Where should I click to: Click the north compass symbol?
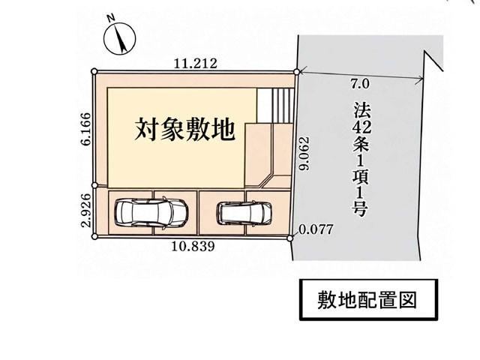click(119, 39)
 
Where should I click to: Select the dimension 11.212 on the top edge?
click(195, 63)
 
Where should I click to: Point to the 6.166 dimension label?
click(85, 129)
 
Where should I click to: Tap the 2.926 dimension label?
click(85, 210)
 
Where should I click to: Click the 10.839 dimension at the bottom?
click(193, 246)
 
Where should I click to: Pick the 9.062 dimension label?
click(305, 153)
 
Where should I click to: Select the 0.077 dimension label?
click(315, 229)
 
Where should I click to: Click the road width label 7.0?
click(360, 84)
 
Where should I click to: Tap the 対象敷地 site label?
click(185, 129)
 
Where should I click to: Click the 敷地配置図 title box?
click(368, 300)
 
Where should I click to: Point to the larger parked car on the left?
click(150, 213)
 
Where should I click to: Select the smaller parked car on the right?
click(244, 213)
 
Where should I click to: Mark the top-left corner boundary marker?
click(94, 71)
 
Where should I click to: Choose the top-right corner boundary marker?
click(296, 72)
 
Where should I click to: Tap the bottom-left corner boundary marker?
click(94, 236)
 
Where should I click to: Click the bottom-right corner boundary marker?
click(290, 238)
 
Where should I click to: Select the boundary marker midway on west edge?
click(94, 185)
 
